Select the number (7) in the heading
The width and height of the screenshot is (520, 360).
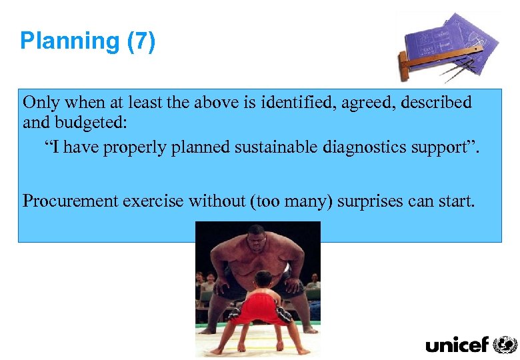tap(141, 41)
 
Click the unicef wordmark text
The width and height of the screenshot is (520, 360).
tap(457, 345)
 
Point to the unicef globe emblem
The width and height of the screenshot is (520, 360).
tap(505, 345)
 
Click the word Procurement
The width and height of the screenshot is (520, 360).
tap(70, 201)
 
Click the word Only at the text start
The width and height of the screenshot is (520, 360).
tap(41, 103)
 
